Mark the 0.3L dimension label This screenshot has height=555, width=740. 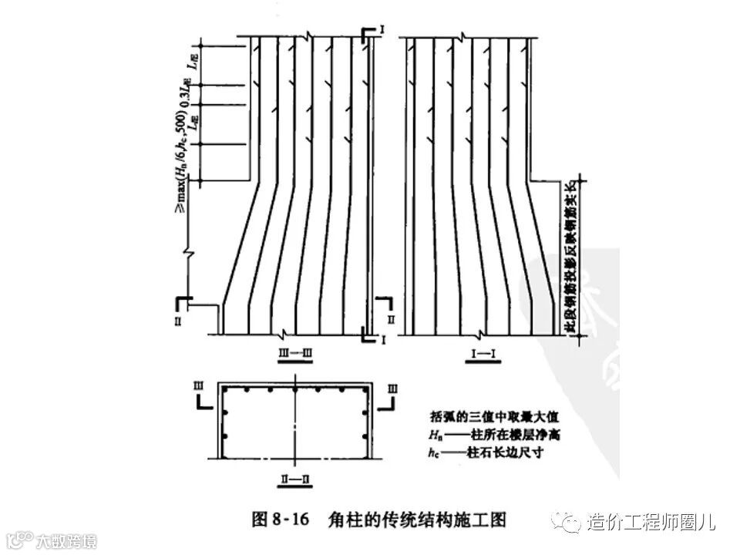pos(186,95)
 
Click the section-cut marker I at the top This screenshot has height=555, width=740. pos(382,30)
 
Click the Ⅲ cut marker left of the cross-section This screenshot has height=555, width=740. pos(199,384)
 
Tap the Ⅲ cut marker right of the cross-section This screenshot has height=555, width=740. pos(394,384)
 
